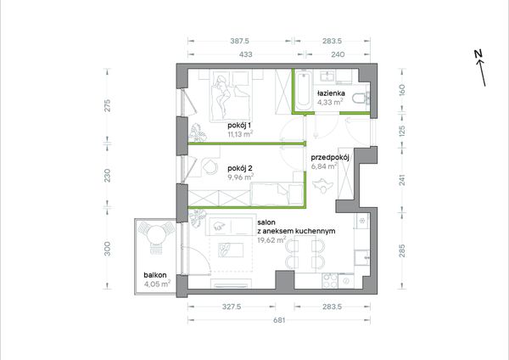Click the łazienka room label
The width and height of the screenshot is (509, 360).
[x=331, y=93]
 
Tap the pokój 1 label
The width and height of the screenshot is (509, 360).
[x=240, y=125]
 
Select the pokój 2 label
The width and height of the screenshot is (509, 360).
[x=240, y=168]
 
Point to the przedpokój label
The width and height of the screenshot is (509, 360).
[x=330, y=158]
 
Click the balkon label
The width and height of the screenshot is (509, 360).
[x=155, y=275]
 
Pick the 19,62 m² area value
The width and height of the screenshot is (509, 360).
[x=271, y=240]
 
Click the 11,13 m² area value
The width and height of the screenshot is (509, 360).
[x=240, y=134]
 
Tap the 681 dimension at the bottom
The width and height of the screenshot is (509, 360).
[x=279, y=320]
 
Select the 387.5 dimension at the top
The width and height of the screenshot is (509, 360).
[x=239, y=41]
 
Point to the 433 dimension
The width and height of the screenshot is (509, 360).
[x=246, y=54]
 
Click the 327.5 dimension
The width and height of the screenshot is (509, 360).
[x=232, y=307]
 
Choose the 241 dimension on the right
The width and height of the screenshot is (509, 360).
[x=402, y=180]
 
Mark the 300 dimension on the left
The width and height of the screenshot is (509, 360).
[x=107, y=249]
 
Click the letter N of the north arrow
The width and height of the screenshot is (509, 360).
[x=478, y=54]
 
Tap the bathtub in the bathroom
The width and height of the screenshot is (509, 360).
[x=303, y=89]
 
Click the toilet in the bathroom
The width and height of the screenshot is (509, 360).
[x=361, y=98]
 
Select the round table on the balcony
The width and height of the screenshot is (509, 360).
[x=156, y=234]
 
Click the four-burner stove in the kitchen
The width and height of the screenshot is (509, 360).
[x=330, y=280]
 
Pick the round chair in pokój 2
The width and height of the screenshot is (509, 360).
[x=210, y=166]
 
